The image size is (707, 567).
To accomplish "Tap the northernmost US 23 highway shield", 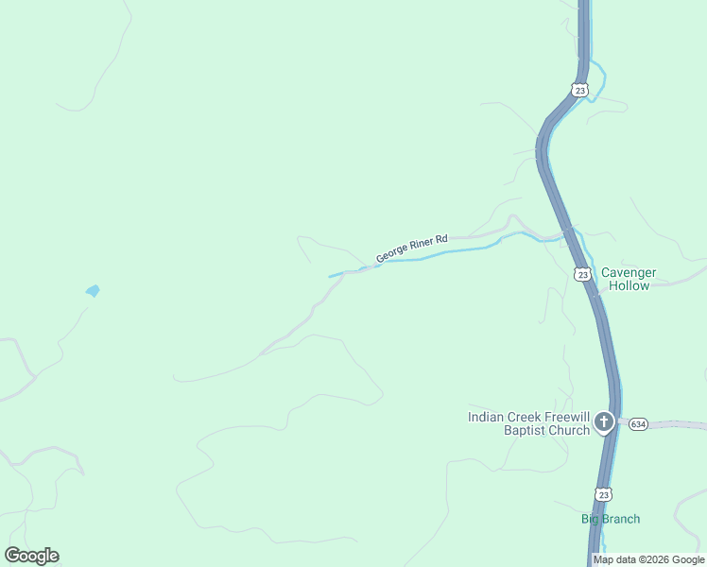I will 579,90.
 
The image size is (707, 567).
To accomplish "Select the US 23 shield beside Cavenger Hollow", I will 582,274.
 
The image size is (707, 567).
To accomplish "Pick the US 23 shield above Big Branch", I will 604,494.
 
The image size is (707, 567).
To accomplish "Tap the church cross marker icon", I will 604,422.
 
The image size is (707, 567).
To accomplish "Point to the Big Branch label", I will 610,519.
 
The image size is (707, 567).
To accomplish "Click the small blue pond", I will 93,291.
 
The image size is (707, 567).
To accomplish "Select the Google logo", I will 31,556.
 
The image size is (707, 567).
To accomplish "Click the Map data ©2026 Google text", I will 648,559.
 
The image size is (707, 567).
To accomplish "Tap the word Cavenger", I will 629,272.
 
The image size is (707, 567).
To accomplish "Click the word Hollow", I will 629,285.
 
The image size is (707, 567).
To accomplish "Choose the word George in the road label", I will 393,253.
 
